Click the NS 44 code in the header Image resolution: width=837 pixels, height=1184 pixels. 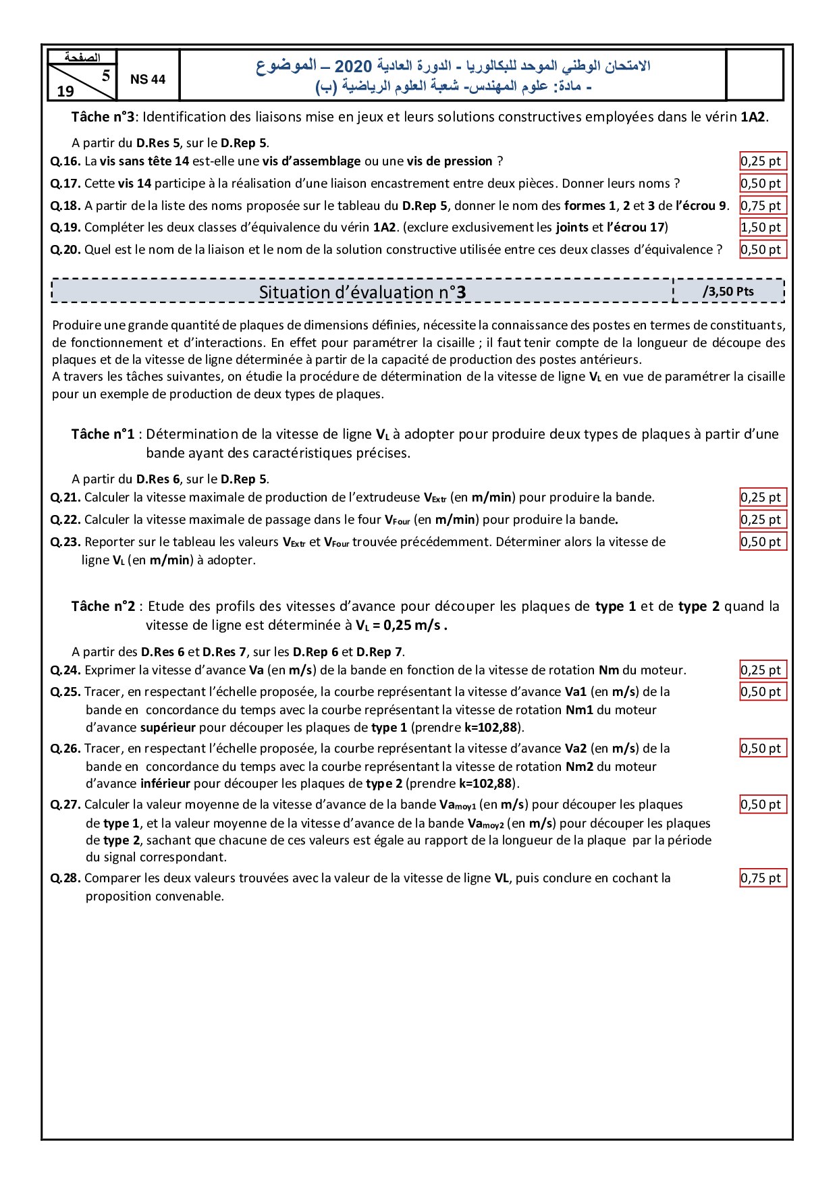pyautogui.click(x=148, y=80)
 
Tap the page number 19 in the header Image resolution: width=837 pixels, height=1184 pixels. pyautogui.click(x=65, y=91)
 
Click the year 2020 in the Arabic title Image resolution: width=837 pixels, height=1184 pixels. pyautogui.click(x=353, y=66)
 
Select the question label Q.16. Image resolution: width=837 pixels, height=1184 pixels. pyautogui.click(x=65, y=161)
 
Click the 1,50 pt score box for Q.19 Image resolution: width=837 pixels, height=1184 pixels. pyautogui.click(x=762, y=227)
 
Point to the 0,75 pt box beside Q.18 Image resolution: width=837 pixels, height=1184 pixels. pyautogui.click(x=762, y=206)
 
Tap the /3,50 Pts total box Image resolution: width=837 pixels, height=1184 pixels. pyautogui.click(x=728, y=292)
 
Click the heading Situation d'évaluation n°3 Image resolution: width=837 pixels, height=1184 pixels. pyautogui.click(x=362, y=292)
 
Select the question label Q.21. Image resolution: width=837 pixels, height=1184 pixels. pyautogui.click(x=65, y=497)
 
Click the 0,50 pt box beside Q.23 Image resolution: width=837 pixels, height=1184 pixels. pyautogui.click(x=762, y=542)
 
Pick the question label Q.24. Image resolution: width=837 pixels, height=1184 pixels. pyautogui.click(x=65, y=670)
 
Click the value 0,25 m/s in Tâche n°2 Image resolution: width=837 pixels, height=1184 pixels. pyautogui.click(x=413, y=625)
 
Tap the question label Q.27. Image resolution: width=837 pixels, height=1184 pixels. pyautogui.click(x=65, y=805)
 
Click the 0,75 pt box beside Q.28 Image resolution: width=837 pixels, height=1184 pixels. pyautogui.click(x=762, y=878)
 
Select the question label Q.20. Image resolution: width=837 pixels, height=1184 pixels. pyautogui.click(x=65, y=250)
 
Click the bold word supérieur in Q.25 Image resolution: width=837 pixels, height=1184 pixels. pyautogui.click(x=168, y=728)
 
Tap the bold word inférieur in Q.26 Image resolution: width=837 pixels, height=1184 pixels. pyautogui.click(x=165, y=784)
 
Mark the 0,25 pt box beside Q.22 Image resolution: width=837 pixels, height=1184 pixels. pyautogui.click(x=762, y=520)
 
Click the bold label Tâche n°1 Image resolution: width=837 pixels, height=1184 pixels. pyautogui.click(x=103, y=434)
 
